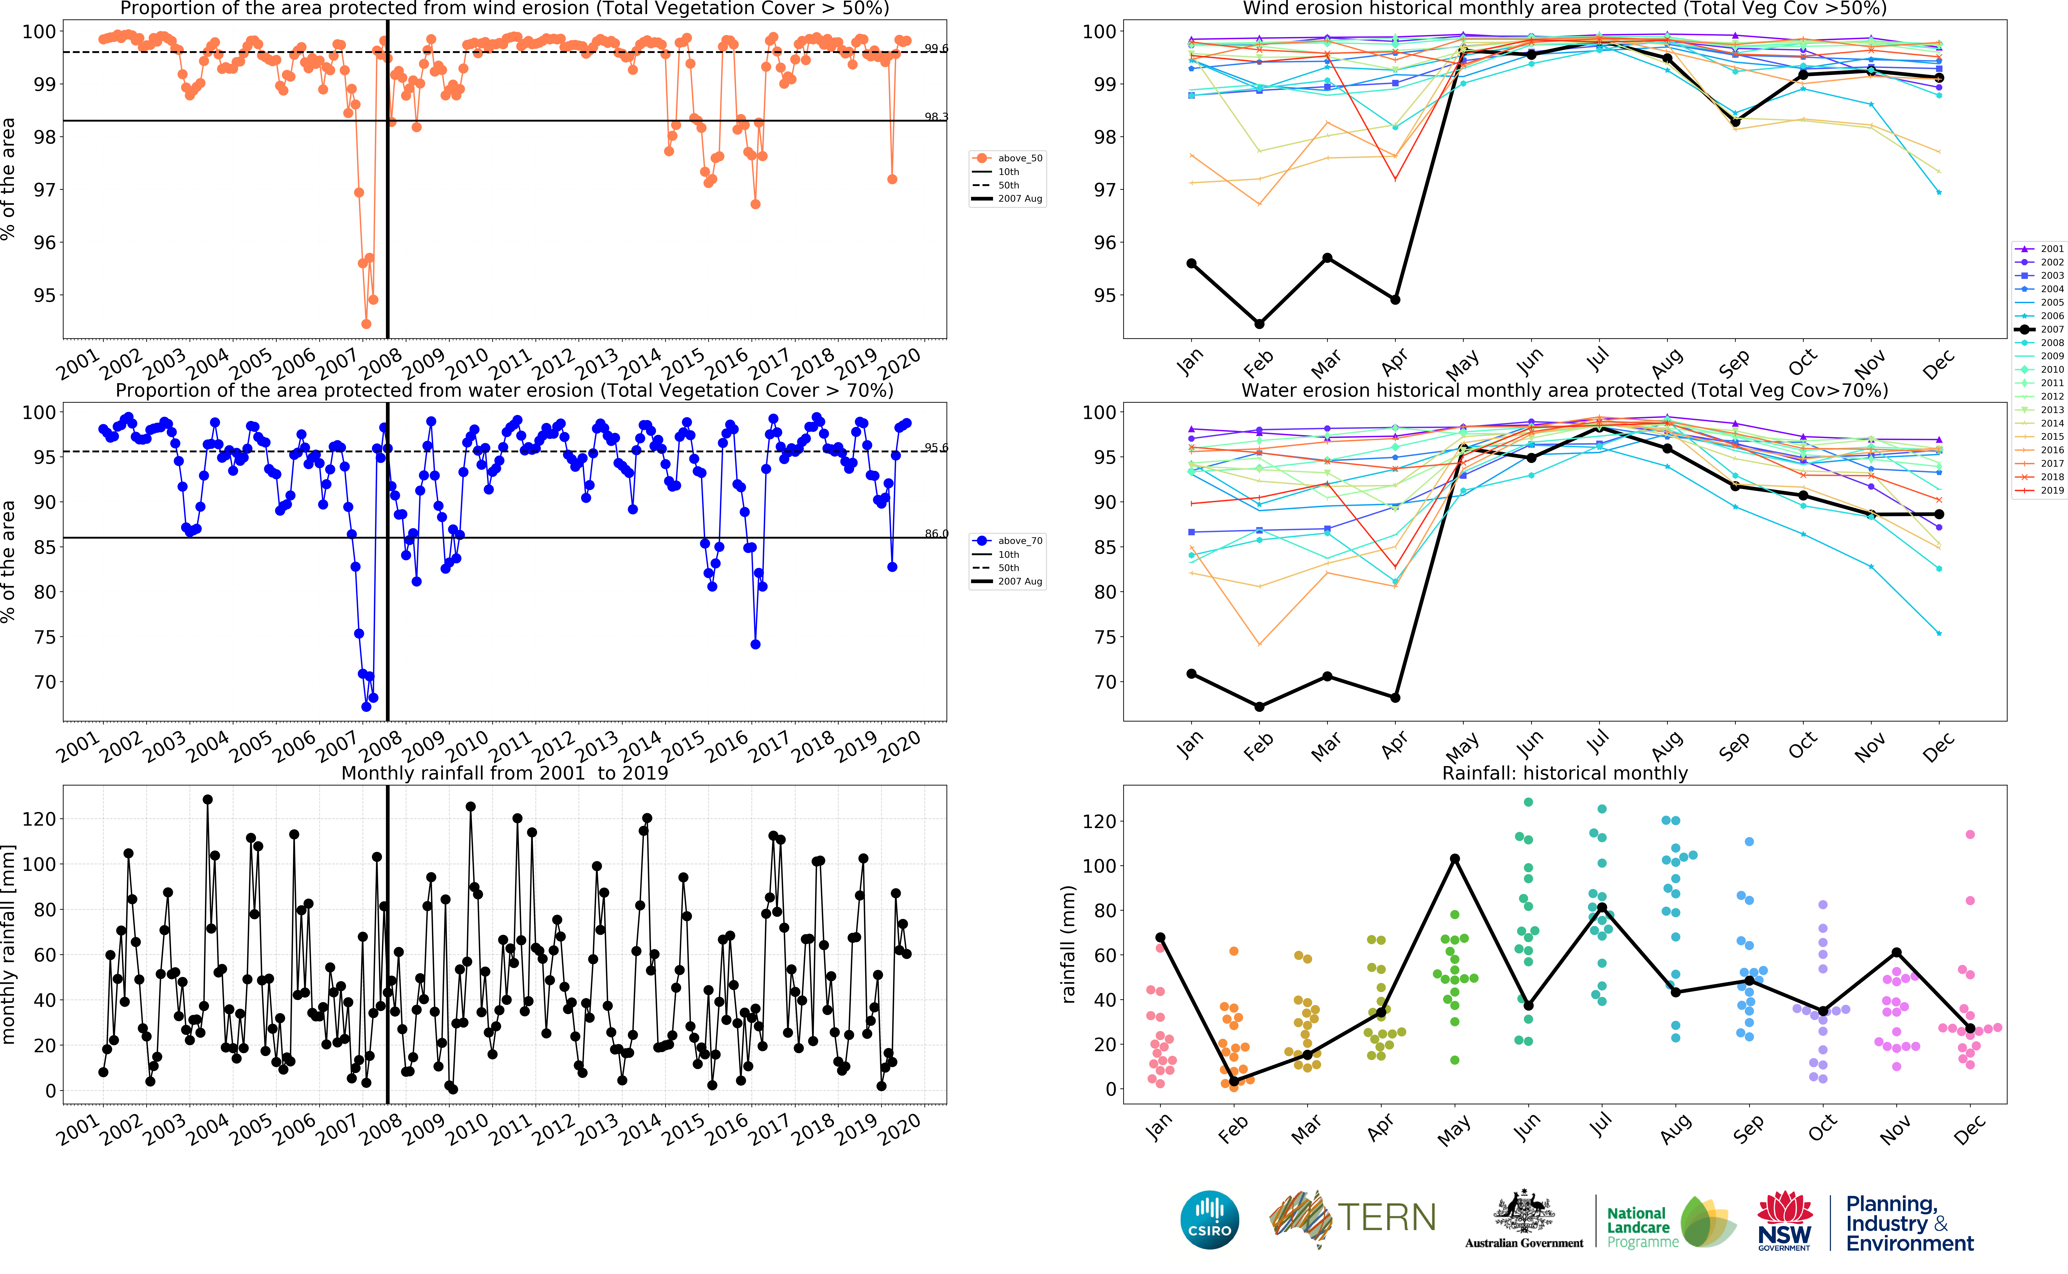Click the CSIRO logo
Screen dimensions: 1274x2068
coord(1210,1219)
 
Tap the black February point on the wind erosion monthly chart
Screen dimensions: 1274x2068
coord(1259,323)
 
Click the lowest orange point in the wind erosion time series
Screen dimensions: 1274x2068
coord(366,323)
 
